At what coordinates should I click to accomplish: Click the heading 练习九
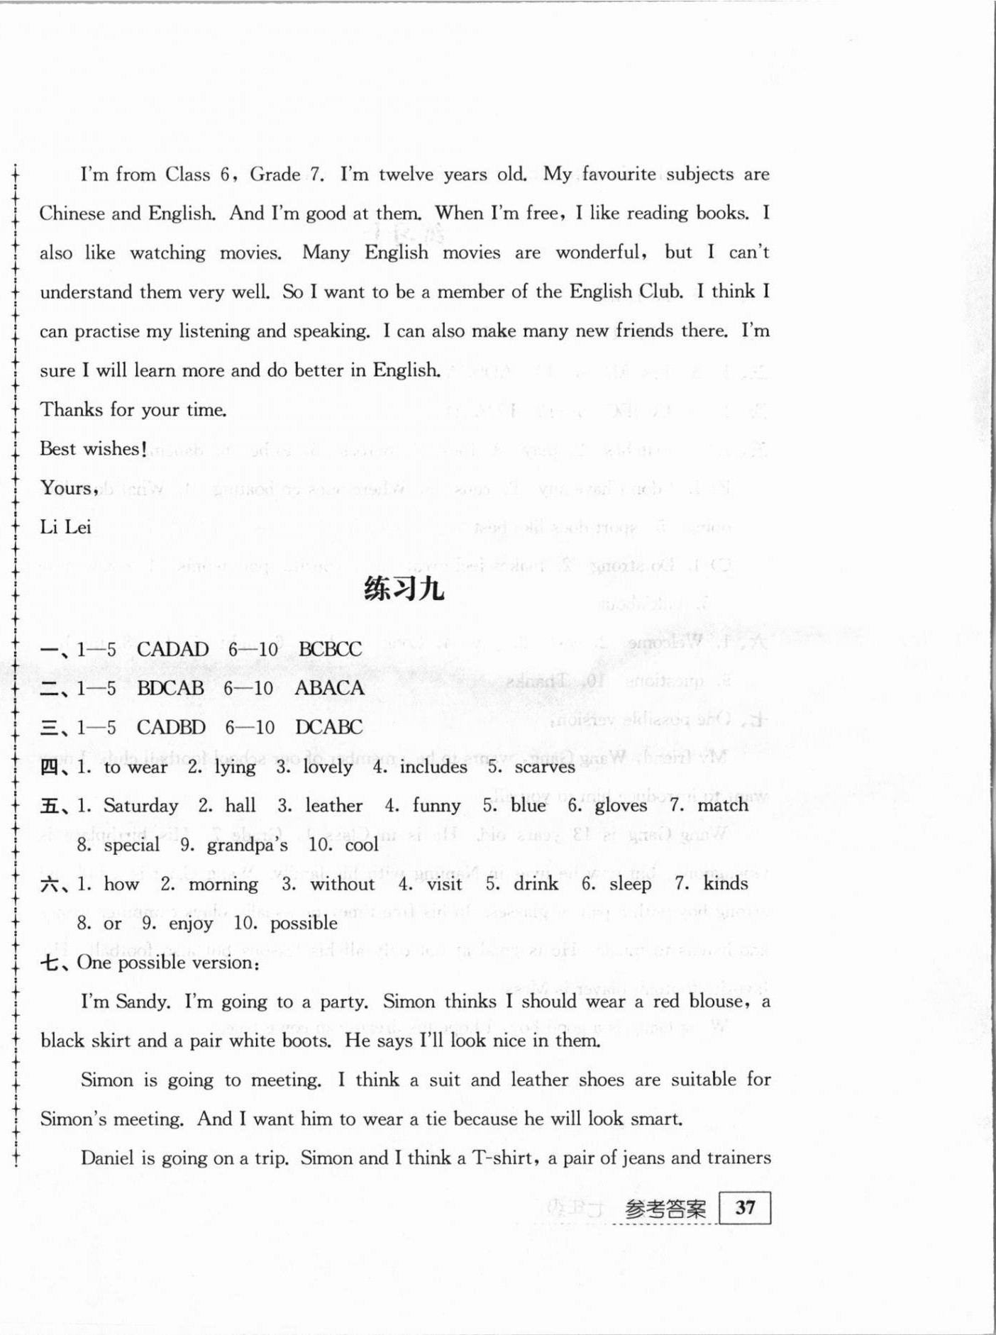404,589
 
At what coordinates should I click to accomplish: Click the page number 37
745,1209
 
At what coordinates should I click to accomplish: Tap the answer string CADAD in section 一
172,649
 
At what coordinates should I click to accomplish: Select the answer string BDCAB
170,688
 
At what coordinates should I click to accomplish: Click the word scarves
545,767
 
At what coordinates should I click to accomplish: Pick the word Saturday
140,806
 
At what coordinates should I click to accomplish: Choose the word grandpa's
248,845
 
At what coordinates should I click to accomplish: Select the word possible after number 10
304,924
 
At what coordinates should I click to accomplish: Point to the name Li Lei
65,527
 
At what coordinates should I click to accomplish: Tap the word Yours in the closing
67,488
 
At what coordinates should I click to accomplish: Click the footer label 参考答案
666,1209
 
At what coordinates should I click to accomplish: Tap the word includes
433,767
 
